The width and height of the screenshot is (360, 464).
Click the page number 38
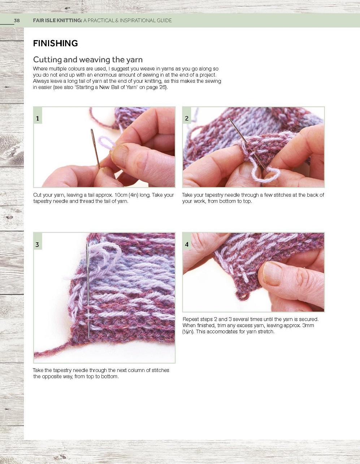click(17, 21)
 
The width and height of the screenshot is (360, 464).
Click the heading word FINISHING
click(55, 43)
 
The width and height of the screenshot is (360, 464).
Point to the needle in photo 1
click(95, 149)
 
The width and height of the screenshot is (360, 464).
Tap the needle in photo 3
click(87, 290)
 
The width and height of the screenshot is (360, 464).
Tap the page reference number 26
click(162, 87)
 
